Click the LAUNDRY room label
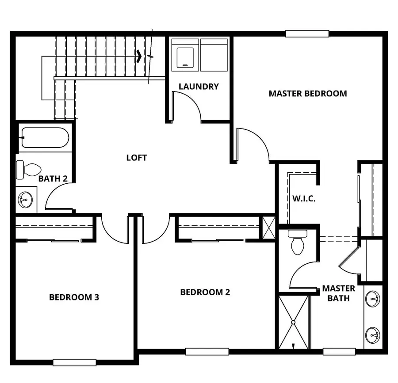(x=199, y=87)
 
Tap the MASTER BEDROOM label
(x=308, y=93)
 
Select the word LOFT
(x=136, y=157)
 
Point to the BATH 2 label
(x=53, y=179)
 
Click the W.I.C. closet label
(x=303, y=198)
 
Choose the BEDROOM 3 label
(x=74, y=297)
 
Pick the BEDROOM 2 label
(x=205, y=292)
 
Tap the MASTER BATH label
(x=338, y=293)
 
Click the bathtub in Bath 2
(x=45, y=138)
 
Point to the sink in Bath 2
(x=25, y=200)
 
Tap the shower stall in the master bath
(x=293, y=322)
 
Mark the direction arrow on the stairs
(x=139, y=56)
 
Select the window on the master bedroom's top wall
(x=307, y=34)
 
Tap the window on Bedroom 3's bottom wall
(x=74, y=362)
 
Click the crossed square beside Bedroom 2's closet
(x=268, y=228)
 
